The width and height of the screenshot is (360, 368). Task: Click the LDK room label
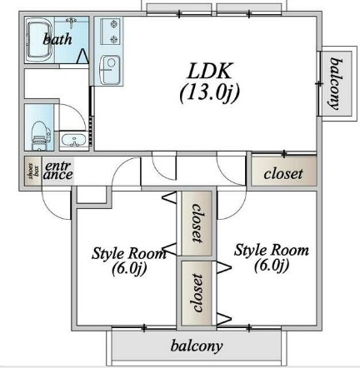click(209, 71)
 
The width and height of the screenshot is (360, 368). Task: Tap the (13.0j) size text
click(209, 92)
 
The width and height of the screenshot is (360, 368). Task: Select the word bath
click(57, 38)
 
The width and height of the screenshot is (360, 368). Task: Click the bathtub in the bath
click(39, 40)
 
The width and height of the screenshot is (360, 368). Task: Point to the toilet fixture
click(40, 135)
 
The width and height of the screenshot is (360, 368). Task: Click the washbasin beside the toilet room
click(73, 140)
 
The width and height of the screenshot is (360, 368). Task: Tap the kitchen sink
click(110, 70)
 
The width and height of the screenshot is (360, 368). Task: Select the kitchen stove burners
click(111, 32)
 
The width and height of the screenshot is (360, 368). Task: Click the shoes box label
click(33, 171)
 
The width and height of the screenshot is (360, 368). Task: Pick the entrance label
click(58, 171)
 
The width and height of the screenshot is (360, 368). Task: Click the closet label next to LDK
click(283, 174)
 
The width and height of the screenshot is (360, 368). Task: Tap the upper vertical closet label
click(197, 223)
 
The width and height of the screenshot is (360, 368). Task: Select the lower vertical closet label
click(197, 293)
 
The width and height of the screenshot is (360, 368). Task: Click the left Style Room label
click(129, 261)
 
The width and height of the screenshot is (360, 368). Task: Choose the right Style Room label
click(272, 258)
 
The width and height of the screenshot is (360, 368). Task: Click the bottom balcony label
click(197, 346)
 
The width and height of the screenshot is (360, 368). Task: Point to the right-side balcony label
click(335, 84)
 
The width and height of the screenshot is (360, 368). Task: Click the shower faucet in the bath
click(72, 22)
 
